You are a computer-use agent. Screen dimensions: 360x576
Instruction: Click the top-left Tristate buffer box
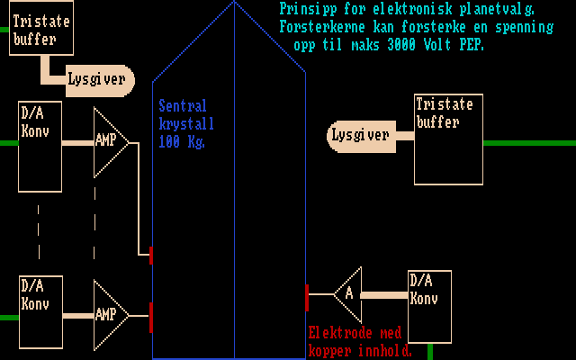[41, 30]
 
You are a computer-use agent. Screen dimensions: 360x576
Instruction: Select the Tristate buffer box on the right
[448, 126]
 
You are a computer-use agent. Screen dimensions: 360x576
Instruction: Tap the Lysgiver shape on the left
[97, 80]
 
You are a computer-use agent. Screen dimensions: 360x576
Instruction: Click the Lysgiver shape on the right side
[360, 136]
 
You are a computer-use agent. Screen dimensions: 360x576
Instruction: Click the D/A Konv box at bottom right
[428, 305]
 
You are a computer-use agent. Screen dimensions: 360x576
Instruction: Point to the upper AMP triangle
[110, 141]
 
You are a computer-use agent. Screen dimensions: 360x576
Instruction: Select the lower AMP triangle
[110, 315]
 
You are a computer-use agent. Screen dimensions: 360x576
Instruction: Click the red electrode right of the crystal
[307, 296]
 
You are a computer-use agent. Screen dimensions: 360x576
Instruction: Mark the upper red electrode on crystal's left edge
[150, 255]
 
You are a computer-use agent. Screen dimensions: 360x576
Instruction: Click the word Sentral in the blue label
[184, 105]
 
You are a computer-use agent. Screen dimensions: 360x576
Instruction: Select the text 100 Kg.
[184, 142]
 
